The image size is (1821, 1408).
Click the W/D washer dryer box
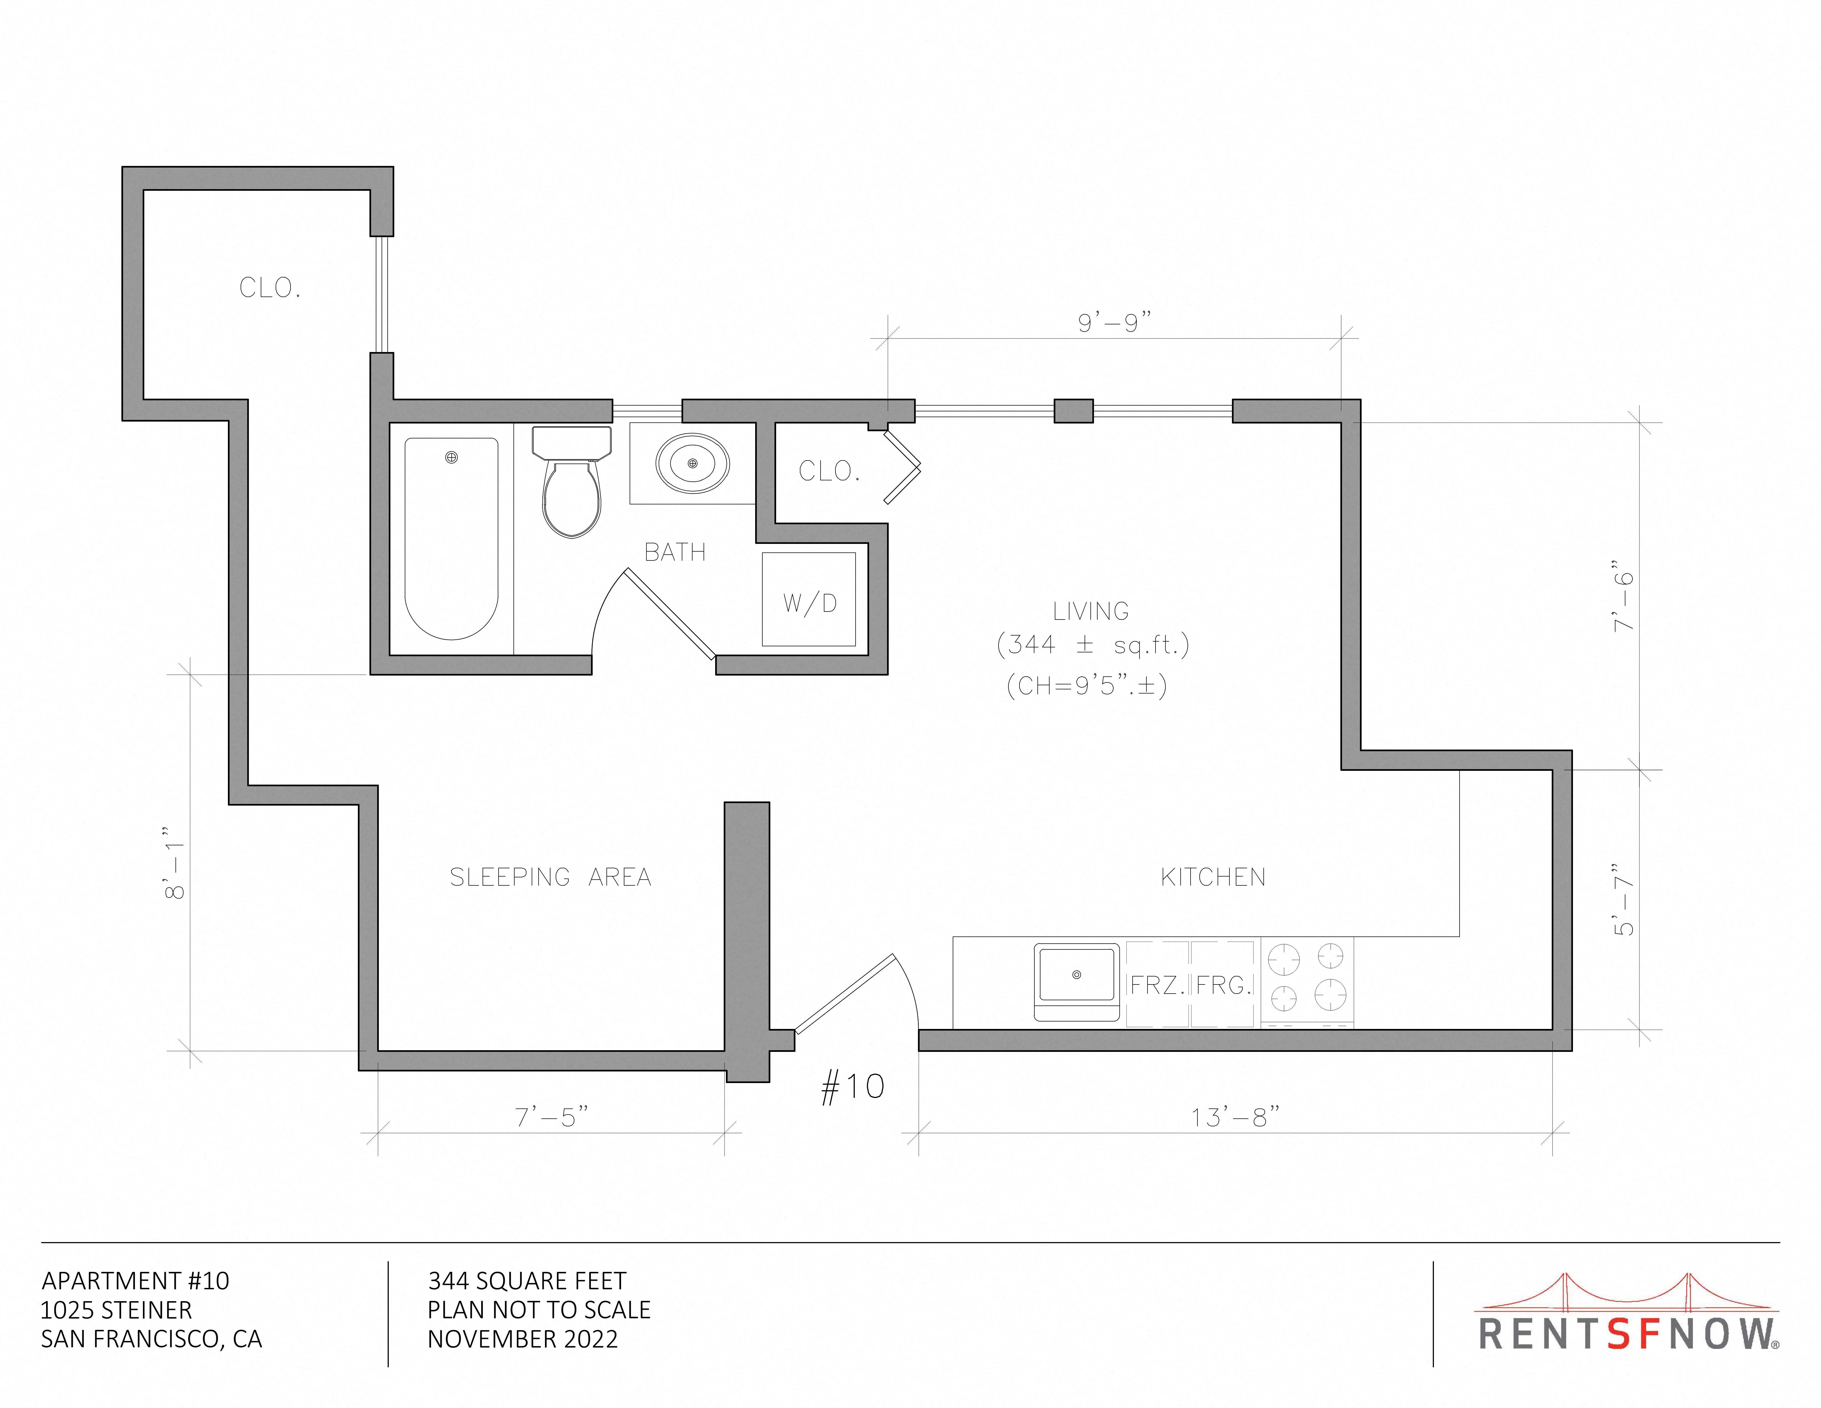pyautogui.click(x=809, y=599)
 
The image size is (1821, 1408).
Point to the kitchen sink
pyautogui.click(x=1076, y=982)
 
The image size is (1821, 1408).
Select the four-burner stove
pyautogui.click(x=1306, y=982)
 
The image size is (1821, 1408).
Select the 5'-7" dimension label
pyautogui.click(x=1623, y=899)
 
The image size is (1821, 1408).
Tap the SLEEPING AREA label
pyautogui.click(x=550, y=877)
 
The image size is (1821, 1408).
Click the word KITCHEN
pyautogui.click(x=1213, y=877)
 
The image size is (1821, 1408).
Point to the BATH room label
pyautogui.click(x=675, y=552)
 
